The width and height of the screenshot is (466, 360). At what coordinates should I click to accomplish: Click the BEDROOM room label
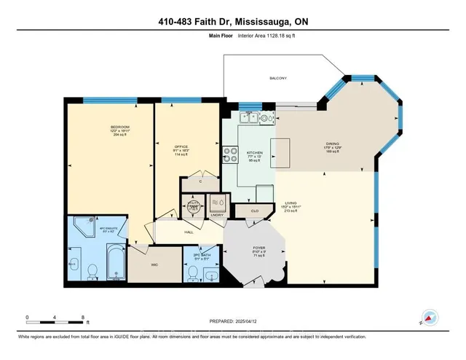111,126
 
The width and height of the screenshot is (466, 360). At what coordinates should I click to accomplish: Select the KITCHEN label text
254,153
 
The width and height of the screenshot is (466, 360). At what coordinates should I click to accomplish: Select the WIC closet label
155,266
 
